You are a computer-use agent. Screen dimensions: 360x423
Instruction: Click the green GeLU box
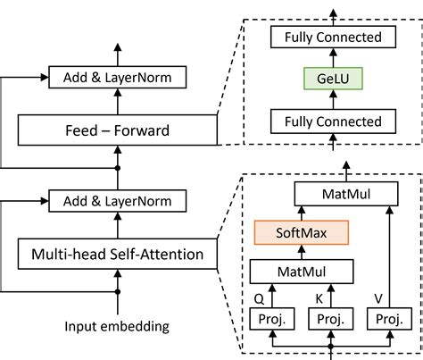(332, 79)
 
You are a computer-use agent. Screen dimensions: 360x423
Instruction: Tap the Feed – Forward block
(117, 130)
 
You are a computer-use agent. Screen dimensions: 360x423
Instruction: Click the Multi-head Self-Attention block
(117, 256)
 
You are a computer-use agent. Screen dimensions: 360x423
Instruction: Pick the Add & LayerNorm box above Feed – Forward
(118, 78)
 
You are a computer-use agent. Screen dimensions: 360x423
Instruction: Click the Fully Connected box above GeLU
(332, 38)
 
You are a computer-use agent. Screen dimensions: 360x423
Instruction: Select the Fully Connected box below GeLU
(332, 121)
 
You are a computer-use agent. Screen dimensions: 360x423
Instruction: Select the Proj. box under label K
(331, 318)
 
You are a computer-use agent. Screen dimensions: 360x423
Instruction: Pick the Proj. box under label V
(388, 318)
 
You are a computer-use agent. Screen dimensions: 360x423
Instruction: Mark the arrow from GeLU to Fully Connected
(332, 58)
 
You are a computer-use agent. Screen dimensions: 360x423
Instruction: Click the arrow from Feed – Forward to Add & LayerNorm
(118, 102)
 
